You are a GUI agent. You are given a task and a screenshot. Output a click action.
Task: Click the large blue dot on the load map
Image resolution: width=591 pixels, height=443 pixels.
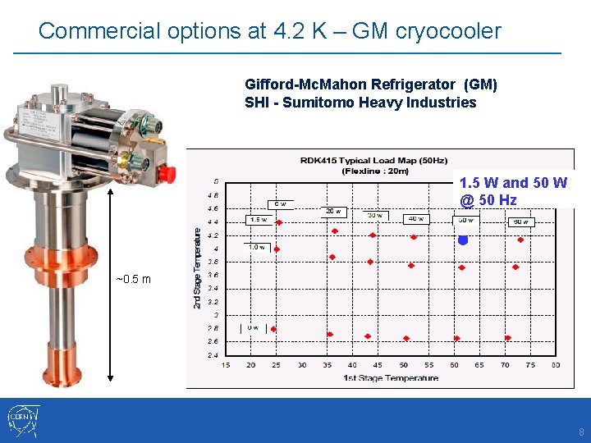[x=462, y=240]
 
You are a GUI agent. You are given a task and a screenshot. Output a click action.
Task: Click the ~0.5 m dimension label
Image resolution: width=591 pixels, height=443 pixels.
[x=134, y=279]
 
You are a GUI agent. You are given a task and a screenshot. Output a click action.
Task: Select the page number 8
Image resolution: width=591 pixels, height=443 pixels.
[x=581, y=432]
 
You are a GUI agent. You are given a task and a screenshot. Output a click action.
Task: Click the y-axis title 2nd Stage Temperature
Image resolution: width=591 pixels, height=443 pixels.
[x=197, y=267]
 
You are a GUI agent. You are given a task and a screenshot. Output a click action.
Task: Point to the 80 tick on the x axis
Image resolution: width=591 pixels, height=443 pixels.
[x=556, y=365]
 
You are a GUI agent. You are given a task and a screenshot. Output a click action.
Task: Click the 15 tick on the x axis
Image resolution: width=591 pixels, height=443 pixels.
[x=226, y=365]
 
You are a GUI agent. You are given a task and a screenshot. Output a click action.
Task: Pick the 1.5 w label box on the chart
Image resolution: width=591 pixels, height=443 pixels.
[x=259, y=219]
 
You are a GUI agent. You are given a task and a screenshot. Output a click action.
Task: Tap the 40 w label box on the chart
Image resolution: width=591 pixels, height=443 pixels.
[x=415, y=219]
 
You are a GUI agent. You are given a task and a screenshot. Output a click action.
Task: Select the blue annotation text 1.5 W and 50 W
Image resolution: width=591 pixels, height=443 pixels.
[x=512, y=183]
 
